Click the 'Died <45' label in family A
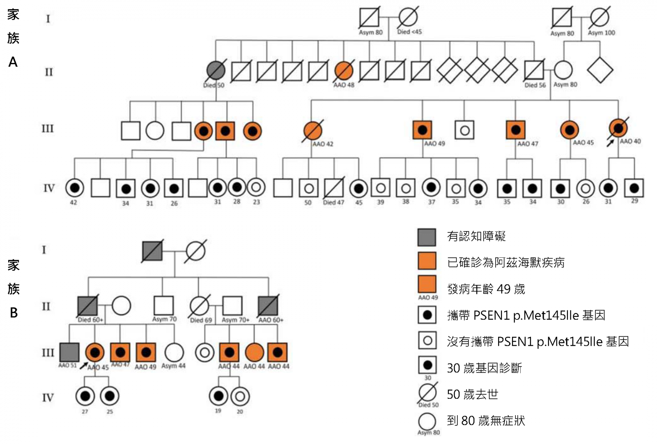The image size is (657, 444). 409,32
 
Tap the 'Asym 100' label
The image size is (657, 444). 601,32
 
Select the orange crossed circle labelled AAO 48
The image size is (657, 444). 344,71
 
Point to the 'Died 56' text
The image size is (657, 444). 535,85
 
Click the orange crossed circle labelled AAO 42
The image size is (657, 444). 313,131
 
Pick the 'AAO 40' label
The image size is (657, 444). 630,141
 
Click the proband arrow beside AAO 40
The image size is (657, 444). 611,142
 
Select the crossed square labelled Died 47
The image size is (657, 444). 333,188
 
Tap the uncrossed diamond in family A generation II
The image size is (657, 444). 600,70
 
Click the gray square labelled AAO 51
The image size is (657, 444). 69,352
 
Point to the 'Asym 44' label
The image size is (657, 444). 173,365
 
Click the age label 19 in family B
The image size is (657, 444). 218,411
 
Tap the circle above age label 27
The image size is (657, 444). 85,396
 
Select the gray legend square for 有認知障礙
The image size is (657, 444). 427,237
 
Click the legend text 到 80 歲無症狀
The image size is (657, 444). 486,421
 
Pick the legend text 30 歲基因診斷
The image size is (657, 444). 484,368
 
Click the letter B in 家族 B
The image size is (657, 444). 14,313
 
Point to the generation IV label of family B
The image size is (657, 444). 48,398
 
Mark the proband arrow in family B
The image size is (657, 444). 83,365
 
